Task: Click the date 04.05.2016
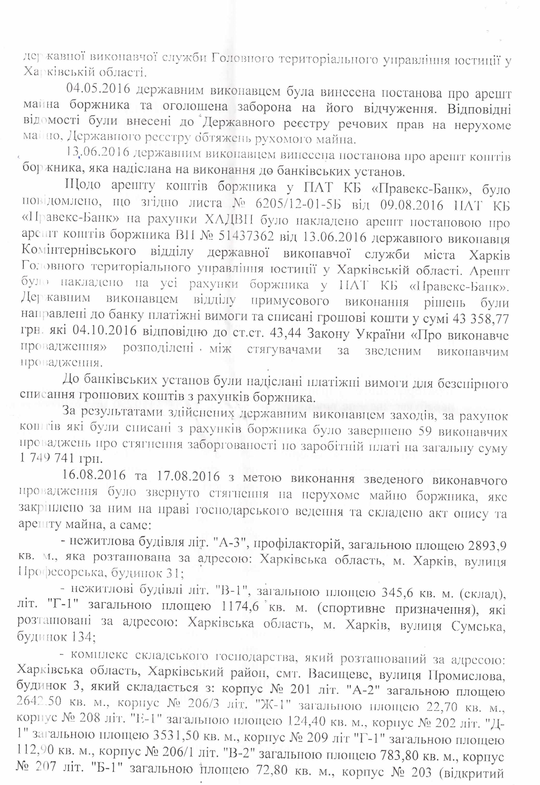tap(98, 89)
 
